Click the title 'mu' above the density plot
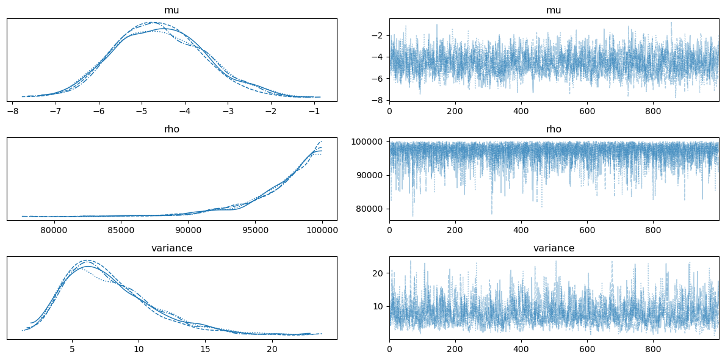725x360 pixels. [171, 10]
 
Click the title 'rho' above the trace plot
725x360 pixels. [554, 129]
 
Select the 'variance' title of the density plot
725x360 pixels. [171, 248]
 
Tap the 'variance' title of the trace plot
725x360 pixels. [554, 248]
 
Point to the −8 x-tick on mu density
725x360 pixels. [12, 112]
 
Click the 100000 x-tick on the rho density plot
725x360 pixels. [322, 231]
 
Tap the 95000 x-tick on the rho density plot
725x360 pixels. [254, 231]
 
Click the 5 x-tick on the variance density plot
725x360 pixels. [72, 350]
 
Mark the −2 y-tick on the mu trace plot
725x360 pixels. [378, 35]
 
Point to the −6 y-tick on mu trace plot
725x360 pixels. [378, 79]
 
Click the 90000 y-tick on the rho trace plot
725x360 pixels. [368, 175]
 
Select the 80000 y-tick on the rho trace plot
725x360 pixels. [368, 209]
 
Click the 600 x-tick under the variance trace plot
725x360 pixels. [587, 350]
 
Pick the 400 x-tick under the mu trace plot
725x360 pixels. [521, 112]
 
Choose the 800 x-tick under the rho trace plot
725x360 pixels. [653, 231]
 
